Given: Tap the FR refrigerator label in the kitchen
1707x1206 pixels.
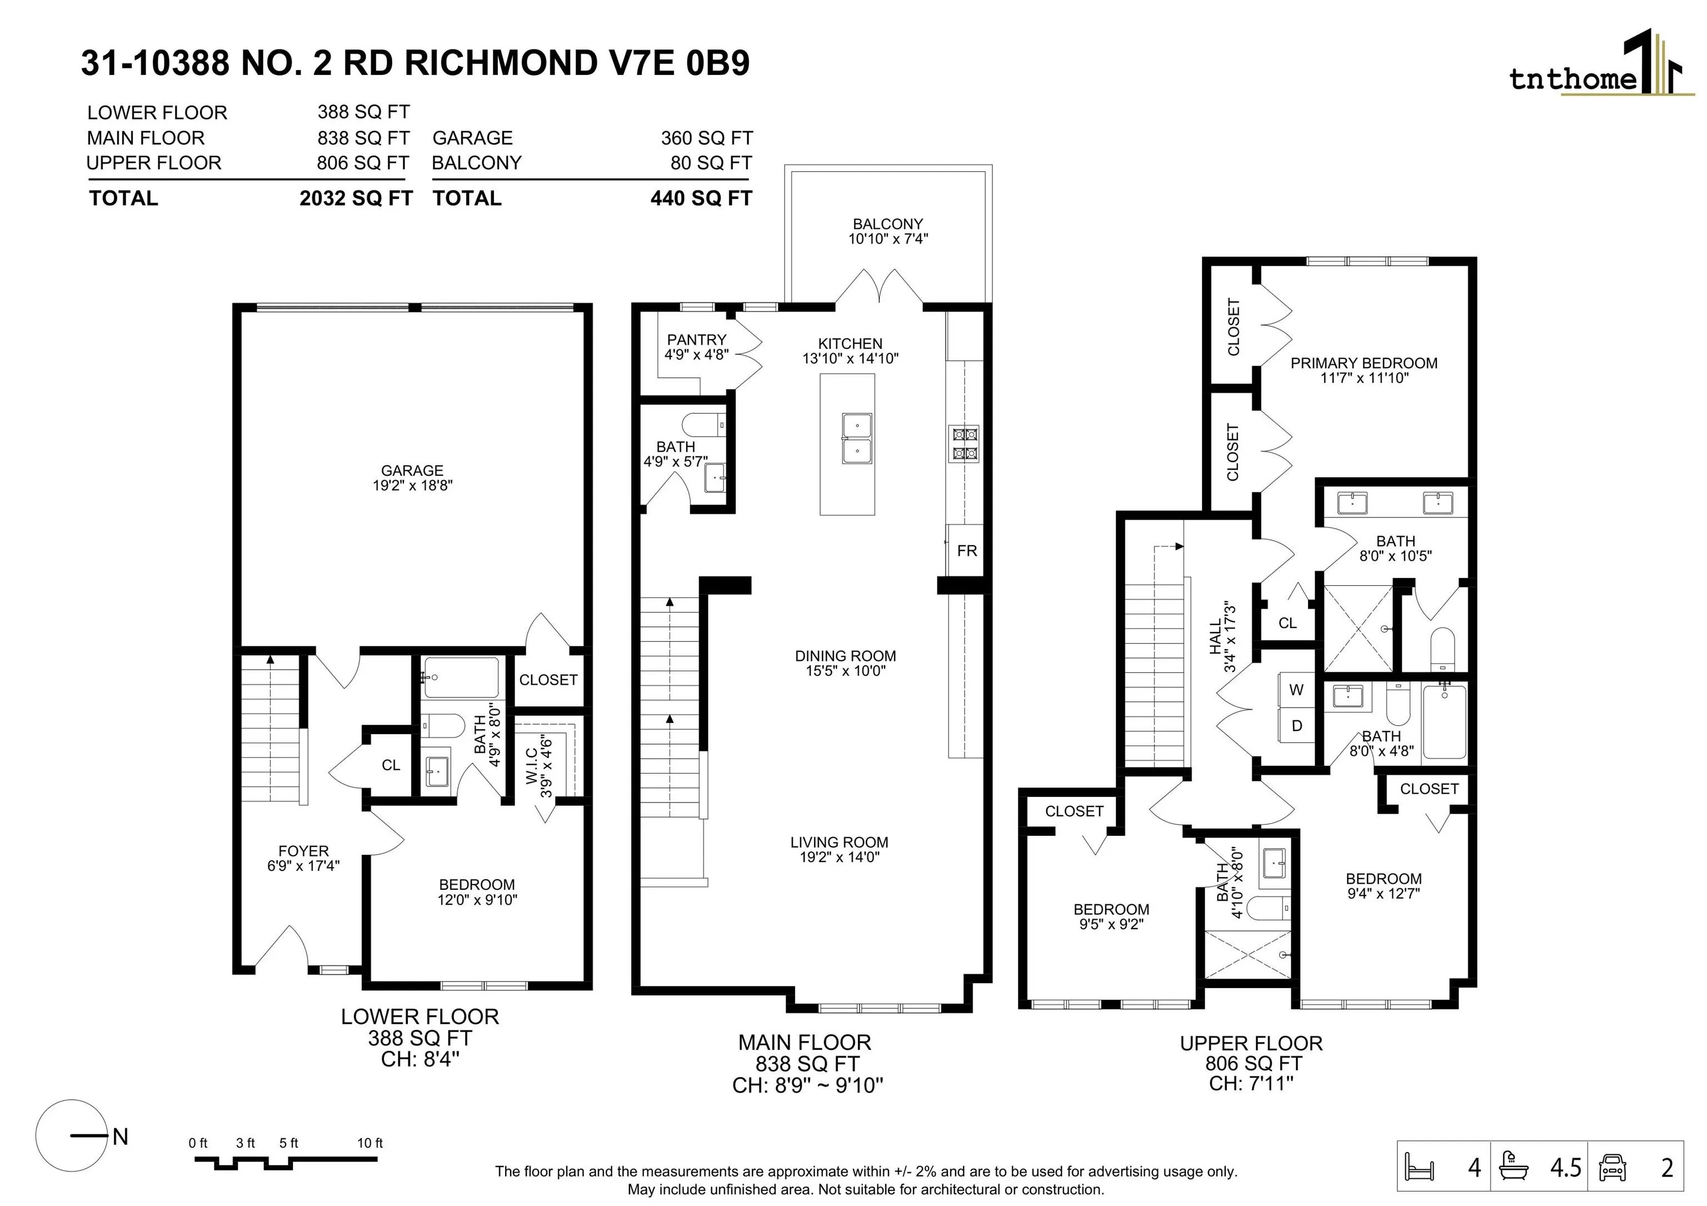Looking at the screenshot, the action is click(966, 551).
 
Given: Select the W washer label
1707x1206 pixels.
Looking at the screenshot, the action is click(1296, 690).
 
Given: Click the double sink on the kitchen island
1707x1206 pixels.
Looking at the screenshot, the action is click(857, 438).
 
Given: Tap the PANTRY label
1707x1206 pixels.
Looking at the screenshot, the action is click(697, 340).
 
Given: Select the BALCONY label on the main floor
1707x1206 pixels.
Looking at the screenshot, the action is click(888, 224).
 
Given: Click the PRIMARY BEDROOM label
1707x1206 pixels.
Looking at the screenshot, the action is click(1364, 363).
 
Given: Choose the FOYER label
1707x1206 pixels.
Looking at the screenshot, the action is click(303, 851).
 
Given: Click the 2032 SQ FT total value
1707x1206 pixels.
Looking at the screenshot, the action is click(356, 198).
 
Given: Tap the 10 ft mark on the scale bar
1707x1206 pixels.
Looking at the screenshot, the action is click(370, 1143).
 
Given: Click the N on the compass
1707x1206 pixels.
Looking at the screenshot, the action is click(121, 1136).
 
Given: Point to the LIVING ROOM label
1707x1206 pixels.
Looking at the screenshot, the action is click(840, 843).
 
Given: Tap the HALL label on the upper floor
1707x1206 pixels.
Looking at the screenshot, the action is click(1215, 638).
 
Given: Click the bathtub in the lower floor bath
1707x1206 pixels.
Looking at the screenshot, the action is click(461, 677).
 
